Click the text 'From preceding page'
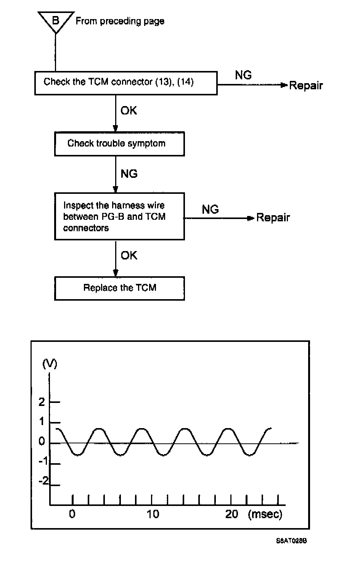tap(120, 21)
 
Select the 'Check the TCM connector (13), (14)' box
tap(126, 83)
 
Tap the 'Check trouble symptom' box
tap(119, 144)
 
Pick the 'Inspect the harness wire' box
tap(119, 216)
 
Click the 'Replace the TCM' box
tap(119, 288)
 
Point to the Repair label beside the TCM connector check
tap(306, 85)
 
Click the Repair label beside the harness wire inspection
tap(273, 218)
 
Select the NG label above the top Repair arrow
tap(243, 75)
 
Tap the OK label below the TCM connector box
tap(129, 111)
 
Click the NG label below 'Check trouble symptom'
tap(129, 174)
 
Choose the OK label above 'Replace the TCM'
tap(129, 255)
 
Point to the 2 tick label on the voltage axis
tap(42, 402)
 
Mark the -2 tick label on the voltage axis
tap(44, 480)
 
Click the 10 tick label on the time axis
tap(153, 514)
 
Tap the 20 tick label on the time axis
tap(231, 514)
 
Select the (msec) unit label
tap(265, 514)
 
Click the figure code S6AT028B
tap(291, 541)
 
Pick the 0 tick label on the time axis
tap(72, 514)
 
